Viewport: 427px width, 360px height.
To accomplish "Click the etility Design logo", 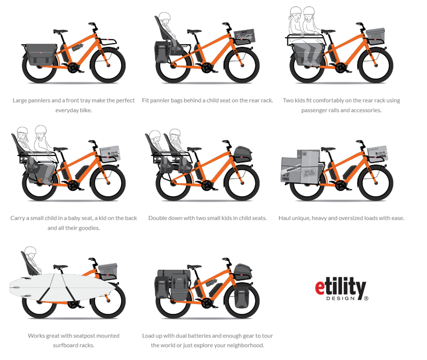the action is [x=342, y=289].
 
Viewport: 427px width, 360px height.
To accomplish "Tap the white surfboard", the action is [x=62, y=287].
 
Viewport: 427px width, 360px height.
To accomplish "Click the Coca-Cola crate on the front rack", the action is [x=244, y=36].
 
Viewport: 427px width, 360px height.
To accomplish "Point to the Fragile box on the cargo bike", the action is [x=291, y=170].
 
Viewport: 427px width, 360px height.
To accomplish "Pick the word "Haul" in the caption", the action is [x=284, y=218].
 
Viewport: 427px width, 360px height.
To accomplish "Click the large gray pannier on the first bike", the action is [x=41, y=54].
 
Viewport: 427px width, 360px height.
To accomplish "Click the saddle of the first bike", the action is [x=60, y=32].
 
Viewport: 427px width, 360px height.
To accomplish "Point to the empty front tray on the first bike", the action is [x=108, y=42].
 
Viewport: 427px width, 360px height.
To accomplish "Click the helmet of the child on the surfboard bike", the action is [x=30, y=251].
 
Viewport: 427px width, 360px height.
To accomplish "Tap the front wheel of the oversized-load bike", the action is [x=376, y=183].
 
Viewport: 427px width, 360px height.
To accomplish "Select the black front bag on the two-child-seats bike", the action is [x=243, y=154].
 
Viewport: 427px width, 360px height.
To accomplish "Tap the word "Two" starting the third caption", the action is [x=288, y=100].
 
